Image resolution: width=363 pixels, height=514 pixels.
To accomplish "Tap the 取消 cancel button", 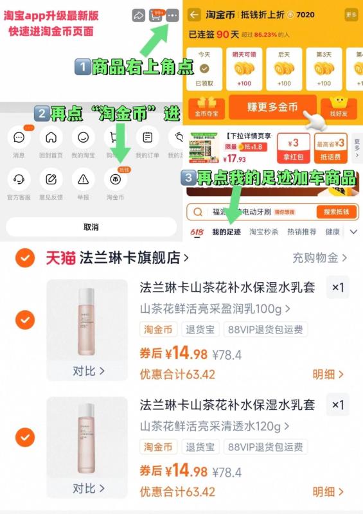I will [91, 227].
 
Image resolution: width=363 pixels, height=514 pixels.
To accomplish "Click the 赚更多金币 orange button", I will [272, 107].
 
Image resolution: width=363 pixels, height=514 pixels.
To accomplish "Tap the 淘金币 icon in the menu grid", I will [116, 179].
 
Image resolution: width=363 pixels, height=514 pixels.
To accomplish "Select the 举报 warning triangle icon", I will [84, 179].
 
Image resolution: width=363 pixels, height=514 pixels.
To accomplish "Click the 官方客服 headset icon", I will [19, 179].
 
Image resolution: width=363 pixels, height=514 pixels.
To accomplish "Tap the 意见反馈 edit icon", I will [51, 179].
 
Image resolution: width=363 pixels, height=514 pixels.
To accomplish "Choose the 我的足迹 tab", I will [226, 232].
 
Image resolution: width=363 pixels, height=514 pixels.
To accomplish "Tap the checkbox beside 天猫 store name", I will [25, 258].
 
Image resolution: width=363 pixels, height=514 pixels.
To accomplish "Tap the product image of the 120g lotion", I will [87, 437].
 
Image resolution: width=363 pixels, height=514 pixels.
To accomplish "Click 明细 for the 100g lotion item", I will [328, 374].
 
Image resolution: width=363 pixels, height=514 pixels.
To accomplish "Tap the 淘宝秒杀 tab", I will [263, 232].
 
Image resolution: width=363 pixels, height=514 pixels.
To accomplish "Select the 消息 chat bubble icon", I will [19, 137].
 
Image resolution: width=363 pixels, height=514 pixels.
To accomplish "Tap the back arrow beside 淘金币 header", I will [193, 14].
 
